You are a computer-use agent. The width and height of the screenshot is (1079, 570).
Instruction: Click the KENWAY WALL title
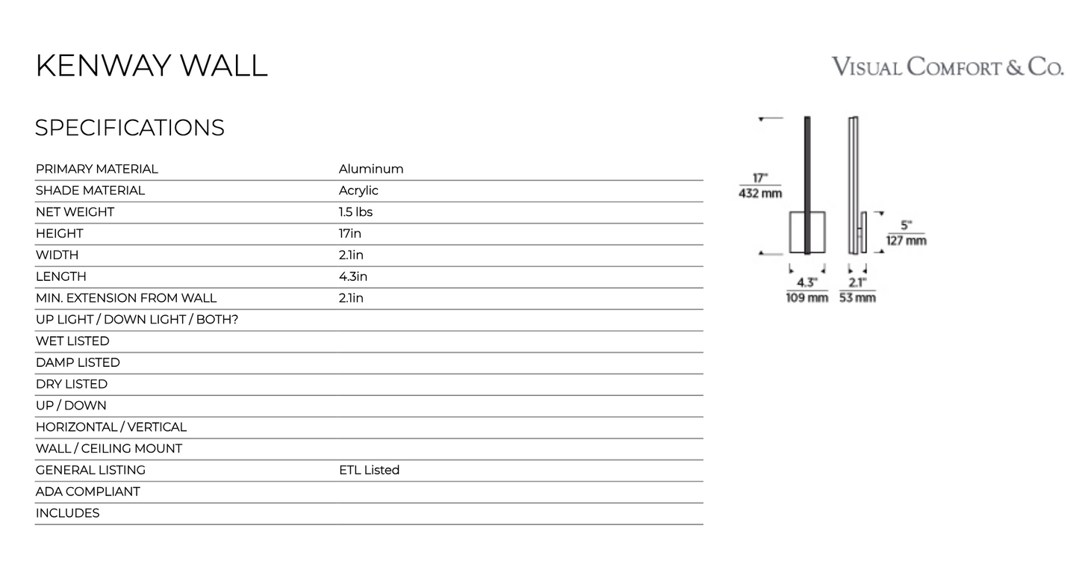pyautogui.click(x=152, y=66)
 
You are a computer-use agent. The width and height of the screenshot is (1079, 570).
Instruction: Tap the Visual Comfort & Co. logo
pyautogui.click(x=948, y=66)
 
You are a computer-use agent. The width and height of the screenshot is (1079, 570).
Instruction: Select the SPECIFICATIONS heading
pyautogui.click(x=130, y=128)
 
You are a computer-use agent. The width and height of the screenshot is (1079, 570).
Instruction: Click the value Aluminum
pyautogui.click(x=371, y=169)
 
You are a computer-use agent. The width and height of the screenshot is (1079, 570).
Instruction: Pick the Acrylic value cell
pyautogui.click(x=358, y=190)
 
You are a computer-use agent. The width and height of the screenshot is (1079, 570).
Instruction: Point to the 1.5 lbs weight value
pyautogui.click(x=355, y=212)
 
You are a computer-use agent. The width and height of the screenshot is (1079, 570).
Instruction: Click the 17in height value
pyautogui.click(x=349, y=234)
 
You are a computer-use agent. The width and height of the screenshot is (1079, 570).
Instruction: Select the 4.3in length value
pyautogui.click(x=352, y=276)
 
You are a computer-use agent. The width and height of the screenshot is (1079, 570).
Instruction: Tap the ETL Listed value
pyautogui.click(x=370, y=470)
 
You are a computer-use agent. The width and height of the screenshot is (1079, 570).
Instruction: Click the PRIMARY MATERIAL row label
pyautogui.click(x=97, y=169)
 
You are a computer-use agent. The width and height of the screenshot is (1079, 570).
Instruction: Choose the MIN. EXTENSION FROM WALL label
pyautogui.click(x=126, y=298)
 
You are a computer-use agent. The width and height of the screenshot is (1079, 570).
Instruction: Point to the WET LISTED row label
pyautogui.click(x=72, y=341)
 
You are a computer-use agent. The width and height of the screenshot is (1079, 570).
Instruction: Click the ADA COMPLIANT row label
pyautogui.click(x=87, y=492)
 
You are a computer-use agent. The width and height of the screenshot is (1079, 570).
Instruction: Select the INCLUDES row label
pyautogui.click(x=67, y=513)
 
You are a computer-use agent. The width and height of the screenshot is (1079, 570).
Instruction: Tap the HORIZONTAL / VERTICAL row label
pyautogui.click(x=111, y=427)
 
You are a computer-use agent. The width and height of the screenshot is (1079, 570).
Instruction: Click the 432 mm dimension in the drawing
pyautogui.click(x=760, y=193)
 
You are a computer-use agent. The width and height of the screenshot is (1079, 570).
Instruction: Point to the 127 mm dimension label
pyautogui.click(x=906, y=241)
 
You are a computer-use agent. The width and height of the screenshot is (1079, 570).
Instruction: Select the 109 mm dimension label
pyautogui.click(x=807, y=298)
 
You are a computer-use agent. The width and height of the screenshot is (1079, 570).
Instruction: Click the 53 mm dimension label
pyautogui.click(x=857, y=298)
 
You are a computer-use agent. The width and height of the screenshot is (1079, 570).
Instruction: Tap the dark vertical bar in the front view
pyautogui.click(x=807, y=185)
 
